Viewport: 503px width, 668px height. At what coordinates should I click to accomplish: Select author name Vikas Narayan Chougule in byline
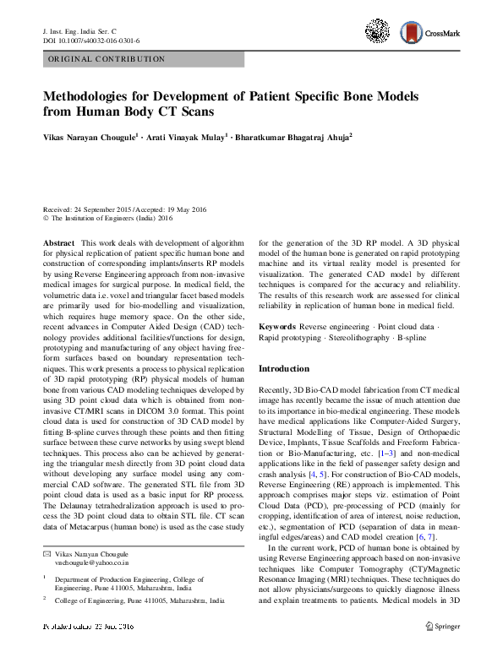[88, 136]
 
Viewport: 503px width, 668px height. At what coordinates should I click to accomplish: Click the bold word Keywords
[276, 325]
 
